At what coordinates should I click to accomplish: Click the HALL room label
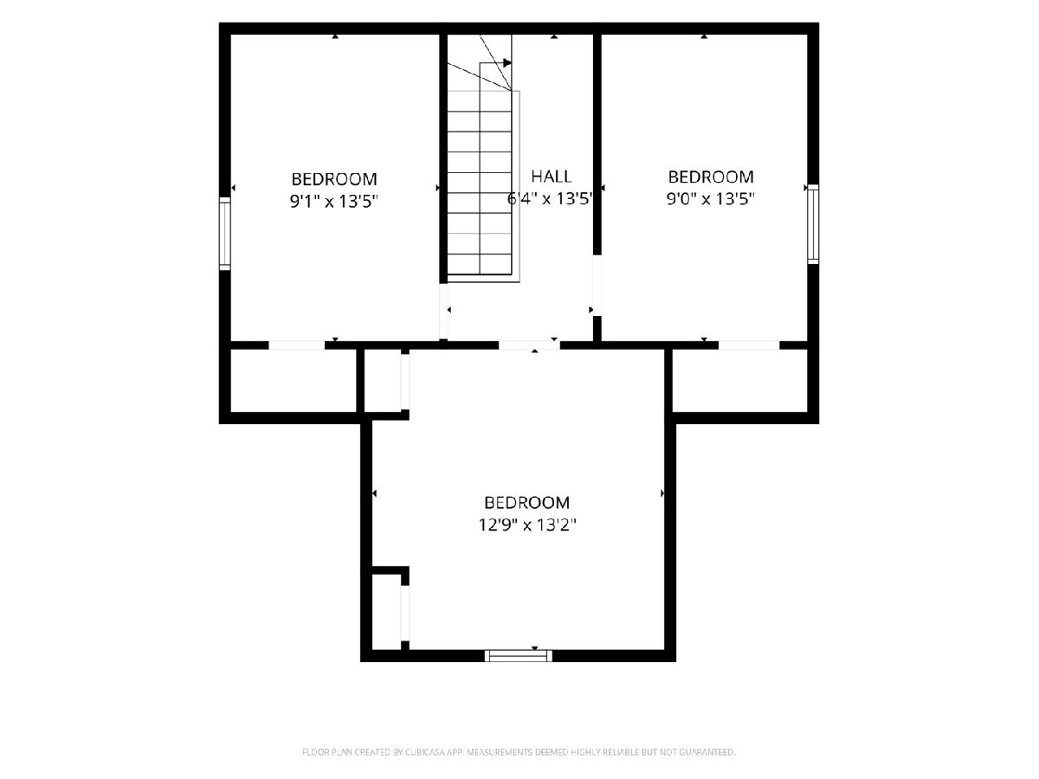[551, 177]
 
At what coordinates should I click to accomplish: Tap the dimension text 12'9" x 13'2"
[527, 525]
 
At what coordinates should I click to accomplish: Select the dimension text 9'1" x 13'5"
[334, 202]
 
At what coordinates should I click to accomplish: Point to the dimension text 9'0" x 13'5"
[710, 199]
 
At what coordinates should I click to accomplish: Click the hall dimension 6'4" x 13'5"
[550, 199]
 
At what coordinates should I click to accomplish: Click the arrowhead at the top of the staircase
[507, 62]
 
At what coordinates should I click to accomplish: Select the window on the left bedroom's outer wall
[225, 234]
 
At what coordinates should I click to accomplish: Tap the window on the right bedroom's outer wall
[813, 224]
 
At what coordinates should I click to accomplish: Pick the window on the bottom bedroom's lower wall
[519, 655]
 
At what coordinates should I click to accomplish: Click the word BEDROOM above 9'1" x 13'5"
[334, 179]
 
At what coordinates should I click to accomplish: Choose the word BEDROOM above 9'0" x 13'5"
[711, 177]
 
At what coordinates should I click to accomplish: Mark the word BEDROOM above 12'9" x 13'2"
[526, 502]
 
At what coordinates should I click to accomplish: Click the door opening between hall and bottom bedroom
[529, 345]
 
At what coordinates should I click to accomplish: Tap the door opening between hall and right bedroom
[597, 286]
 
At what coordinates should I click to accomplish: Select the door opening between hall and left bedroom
[443, 311]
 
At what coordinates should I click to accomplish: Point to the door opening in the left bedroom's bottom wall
[297, 345]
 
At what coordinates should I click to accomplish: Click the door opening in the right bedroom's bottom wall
[749, 345]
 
